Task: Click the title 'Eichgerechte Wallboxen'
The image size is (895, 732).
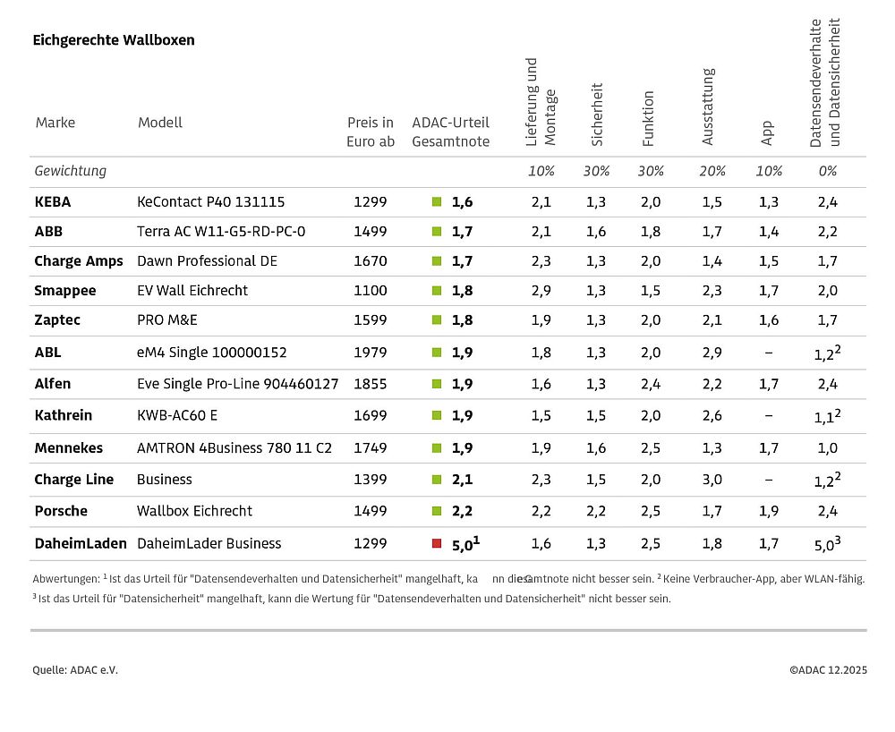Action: (x=114, y=40)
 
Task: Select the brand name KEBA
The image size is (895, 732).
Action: (x=52, y=202)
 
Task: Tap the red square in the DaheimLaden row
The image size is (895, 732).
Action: (x=437, y=543)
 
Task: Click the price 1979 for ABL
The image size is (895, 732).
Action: (x=371, y=353)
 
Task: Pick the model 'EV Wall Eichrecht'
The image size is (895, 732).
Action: (x=192, y=291)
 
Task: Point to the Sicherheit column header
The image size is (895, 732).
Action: (x=598, y=115)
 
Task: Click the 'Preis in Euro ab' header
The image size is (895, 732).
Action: (x=371, y=132)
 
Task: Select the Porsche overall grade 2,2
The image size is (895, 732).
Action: (x=462, y=511)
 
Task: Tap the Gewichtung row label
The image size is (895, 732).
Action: (x=70, y=171)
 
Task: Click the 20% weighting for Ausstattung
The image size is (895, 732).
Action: (x=712, y=171)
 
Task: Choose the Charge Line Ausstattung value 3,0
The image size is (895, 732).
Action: (x=712, y=480)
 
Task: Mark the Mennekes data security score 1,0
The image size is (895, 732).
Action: (x=827, y=448)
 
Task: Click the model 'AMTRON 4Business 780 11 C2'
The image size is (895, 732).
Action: (x=234, y=448)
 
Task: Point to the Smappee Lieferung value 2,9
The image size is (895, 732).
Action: (x=541, y=291)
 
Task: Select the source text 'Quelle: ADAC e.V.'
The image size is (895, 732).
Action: (x=75, y=670)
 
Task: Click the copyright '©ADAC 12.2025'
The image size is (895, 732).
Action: (x=828, y=670)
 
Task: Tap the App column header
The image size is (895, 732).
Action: (x=767, y=133)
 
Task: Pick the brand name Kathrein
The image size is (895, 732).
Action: (x=63, y=416)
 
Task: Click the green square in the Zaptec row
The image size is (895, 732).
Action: (x=437, y=320)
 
